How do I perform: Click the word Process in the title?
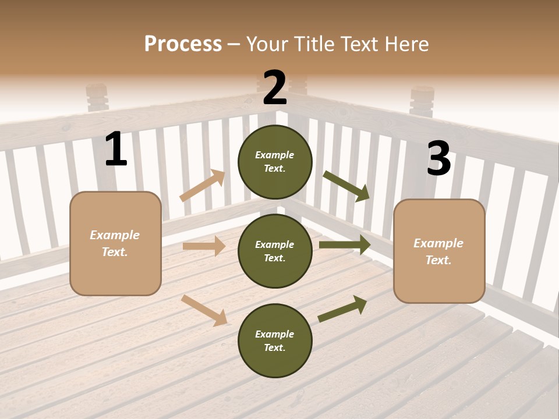point(183,44)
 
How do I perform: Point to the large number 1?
point(116,150)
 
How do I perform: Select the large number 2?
point(275,88)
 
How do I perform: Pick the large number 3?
point(438,159)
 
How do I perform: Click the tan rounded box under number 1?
point(115,243)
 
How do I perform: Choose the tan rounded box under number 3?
point(439,251)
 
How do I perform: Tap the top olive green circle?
point(275,162)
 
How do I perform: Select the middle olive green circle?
point(275,251)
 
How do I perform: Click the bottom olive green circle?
point(275,340)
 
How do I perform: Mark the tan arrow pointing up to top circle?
point(202,186)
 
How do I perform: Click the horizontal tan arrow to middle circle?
point(204,246)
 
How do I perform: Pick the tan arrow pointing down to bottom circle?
point(204,310)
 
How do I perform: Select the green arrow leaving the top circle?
point(346,186)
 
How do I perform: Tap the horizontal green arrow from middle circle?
point(345,245)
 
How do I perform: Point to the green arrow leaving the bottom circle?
point(342,309)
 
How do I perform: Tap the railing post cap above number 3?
point(422,100)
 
